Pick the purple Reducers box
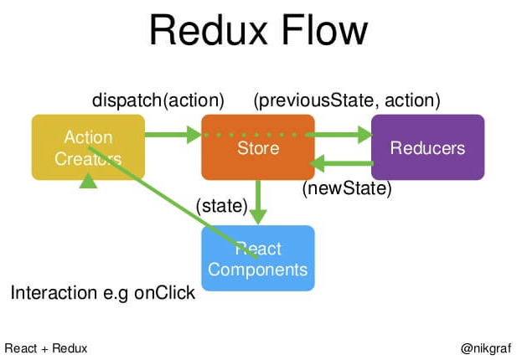tap(427, 147)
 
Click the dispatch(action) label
tap(158, 100)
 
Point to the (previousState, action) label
tap(347, 100)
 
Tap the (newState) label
tap(347, 188)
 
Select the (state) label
tap(221, 204)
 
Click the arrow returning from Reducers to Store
tap(339, 164)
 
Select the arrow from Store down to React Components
tap(258, 201)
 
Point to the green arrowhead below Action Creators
tap(88, 179)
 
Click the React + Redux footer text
tap(46, 347)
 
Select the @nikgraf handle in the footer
tap(486, 347)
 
